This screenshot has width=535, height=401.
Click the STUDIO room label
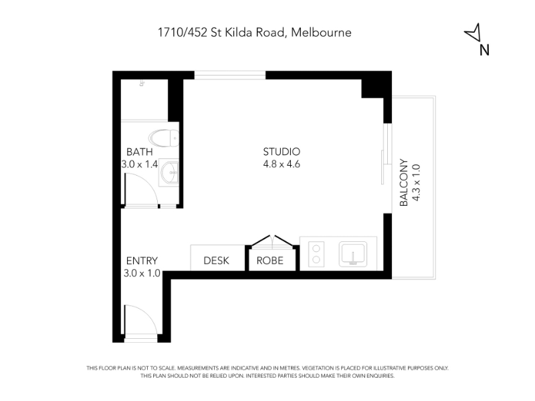tap(282, 152)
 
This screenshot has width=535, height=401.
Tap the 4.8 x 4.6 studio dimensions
tap(282, 164)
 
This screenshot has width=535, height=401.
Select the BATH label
tap(139, 152)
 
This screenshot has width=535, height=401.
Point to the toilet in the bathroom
tap(164, 138)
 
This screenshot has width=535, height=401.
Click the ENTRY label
tap(142, 261)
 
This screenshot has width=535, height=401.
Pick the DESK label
tap(216, 261)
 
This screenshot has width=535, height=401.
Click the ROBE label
tap(270, 261)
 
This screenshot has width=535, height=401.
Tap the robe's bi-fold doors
tap(272, 240)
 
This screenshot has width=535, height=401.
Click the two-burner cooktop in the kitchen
tap(316, 254)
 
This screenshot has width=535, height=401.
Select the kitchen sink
tap(353, 254)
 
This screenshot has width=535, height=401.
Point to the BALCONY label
tap(404, 182)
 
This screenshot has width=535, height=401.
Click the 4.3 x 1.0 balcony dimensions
tap(416, 182)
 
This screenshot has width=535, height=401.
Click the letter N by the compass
tap(484, 49)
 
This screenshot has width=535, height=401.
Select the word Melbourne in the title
tap(322, 32)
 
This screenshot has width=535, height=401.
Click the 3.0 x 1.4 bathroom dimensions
tap(140, 164)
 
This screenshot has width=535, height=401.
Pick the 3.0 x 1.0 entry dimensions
tap(142, 273)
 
